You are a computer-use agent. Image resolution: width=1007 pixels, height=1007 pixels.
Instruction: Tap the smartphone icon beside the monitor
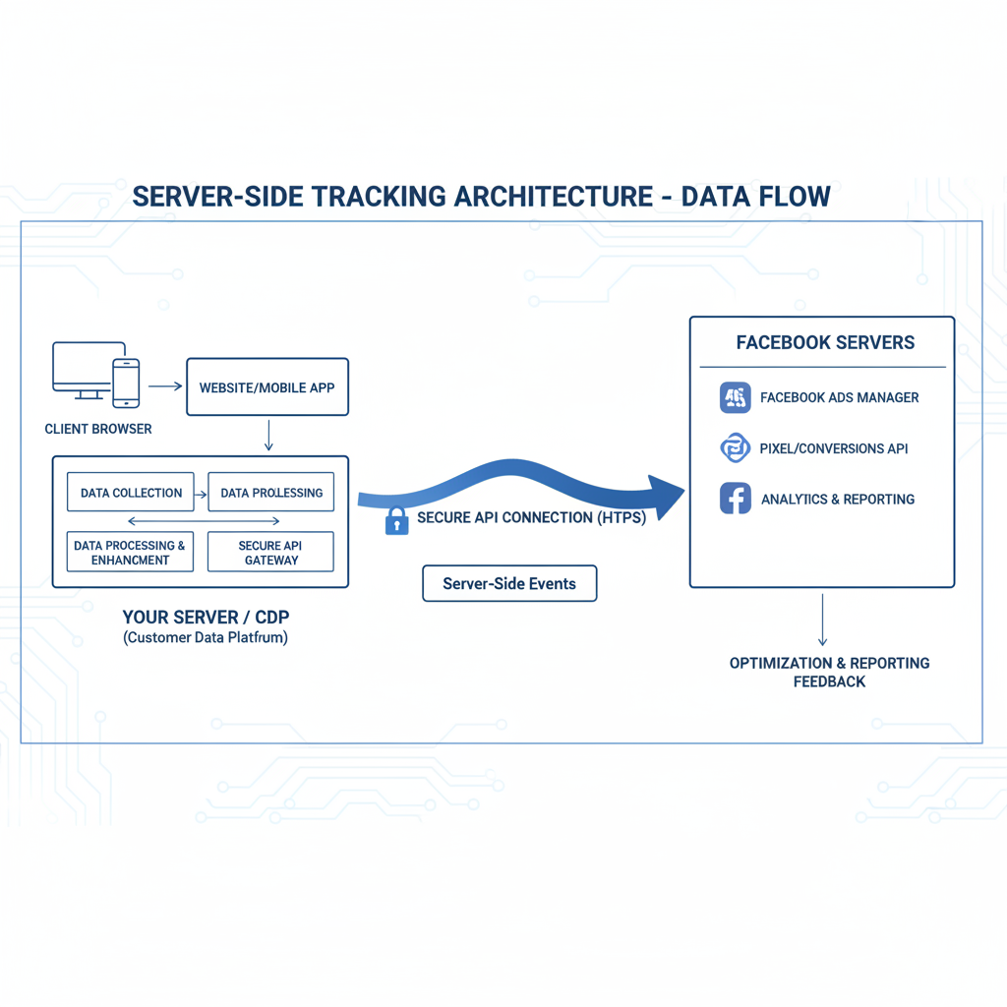(126, 382)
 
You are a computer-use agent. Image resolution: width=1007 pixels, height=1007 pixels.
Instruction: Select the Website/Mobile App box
(267, 387)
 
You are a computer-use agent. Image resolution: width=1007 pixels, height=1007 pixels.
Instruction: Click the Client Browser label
(98, 429)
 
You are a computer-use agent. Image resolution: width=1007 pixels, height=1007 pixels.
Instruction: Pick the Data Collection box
(131, 493)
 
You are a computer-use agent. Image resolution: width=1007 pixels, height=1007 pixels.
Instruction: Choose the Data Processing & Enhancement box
(131, 552)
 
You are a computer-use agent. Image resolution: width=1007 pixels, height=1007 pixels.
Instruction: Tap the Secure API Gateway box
(270, 552)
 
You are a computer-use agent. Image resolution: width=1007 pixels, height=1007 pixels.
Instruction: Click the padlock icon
(396, 519)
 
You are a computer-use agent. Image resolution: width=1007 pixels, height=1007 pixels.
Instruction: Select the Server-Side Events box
(508, 583)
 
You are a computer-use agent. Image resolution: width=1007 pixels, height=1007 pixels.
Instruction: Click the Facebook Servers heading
(825, 343)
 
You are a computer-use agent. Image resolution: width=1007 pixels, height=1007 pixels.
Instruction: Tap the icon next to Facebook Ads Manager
(735, 397)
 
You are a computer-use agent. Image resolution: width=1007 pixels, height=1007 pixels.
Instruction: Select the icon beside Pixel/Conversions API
(735, 448)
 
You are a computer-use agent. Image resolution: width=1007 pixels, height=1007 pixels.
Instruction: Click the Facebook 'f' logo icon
(735, 499)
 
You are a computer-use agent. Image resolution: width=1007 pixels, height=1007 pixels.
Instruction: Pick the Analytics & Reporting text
(837, 500)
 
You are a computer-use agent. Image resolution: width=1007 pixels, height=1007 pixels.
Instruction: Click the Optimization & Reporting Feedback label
(829, 672)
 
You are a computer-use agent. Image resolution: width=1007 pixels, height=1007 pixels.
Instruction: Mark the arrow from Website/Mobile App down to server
(268, 436)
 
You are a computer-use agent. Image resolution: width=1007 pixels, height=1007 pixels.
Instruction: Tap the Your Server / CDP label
(206, 618)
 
